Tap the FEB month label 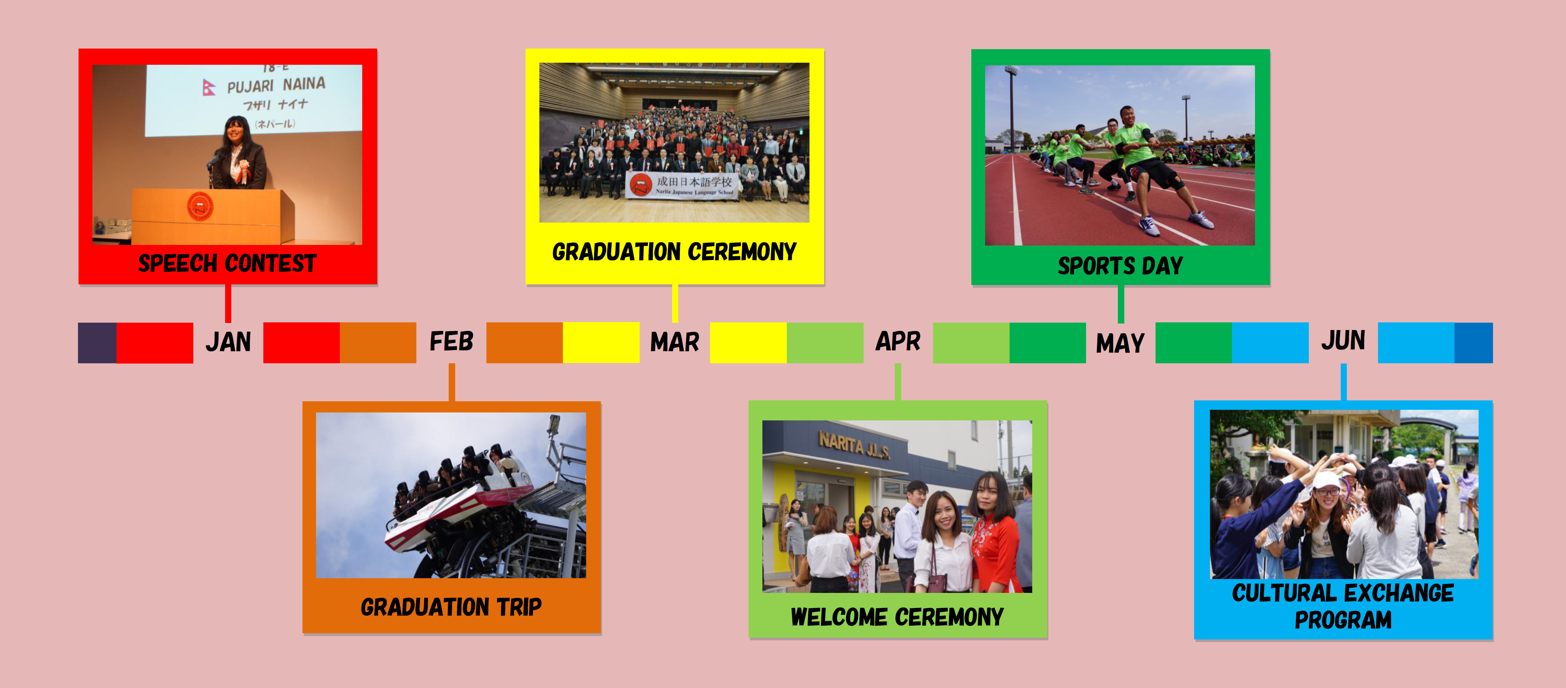coord(451,342)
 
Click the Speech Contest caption coord(227,263)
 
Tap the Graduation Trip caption coord(451,607)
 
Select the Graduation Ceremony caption coord(674,252)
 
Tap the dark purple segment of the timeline coord(97,343)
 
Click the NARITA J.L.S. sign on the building coord(854,445)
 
